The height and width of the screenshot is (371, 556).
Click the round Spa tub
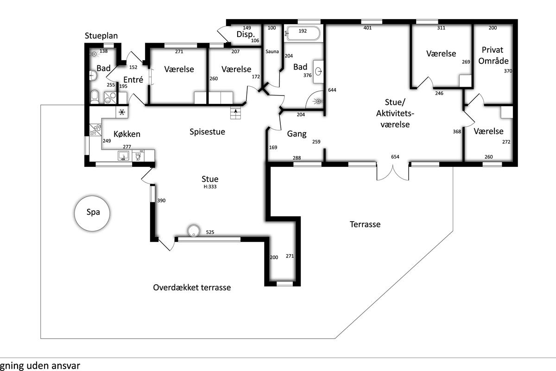click(x=92, y=213)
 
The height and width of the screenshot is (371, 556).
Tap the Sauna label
click(x=272, y=51)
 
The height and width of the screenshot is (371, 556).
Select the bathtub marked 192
click(x=303, y=33)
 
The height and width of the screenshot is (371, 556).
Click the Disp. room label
click(x=246, y=34)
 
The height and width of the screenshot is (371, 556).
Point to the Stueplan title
click(x=101, y=36)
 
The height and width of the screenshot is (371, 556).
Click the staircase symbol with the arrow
click(x=235, y=113)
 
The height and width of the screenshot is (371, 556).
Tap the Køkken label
click(x=127, y=134)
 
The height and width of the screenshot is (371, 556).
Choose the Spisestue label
click(x=207, y=132)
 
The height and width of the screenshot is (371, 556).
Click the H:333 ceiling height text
click(x=210, y=186)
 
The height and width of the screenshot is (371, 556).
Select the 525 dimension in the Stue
click(x=210, y=232)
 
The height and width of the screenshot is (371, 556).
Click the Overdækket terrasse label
click(x=192, y=288)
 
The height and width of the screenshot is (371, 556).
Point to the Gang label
click(x=297, y=134)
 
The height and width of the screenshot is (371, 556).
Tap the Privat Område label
click(x=493, y=55)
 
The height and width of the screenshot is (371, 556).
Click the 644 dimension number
click(x=332, y=90)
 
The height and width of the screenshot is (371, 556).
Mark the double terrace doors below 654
click(x=393, y=172)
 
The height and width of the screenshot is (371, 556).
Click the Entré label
click(x=133, y=80)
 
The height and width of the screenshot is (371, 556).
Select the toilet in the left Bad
click(x=95, y=97)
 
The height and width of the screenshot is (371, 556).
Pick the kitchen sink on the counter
click(x=123, y=156)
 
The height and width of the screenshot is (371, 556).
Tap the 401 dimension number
click(x=367, y=28)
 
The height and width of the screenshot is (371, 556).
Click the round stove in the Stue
click(x=194, y=231)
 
